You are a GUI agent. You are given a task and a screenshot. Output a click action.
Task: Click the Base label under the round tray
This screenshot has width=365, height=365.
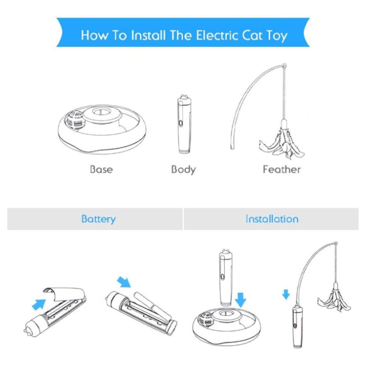(x=101, y=169)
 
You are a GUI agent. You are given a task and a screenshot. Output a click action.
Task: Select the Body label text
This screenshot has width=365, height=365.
(x=183, y=170)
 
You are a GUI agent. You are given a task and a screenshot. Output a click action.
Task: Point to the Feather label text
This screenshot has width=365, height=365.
(x=282, y=169)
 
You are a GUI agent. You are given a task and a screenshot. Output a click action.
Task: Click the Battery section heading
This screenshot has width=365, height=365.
(x=99, y=219)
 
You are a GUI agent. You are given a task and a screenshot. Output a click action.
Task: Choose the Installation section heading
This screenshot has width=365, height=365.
(x=272, y=219)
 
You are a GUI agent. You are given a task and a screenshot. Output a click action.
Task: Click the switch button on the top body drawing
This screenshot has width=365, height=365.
(x=181, y=123)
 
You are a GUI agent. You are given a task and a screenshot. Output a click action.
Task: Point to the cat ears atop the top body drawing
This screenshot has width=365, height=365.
(x=184, y=96)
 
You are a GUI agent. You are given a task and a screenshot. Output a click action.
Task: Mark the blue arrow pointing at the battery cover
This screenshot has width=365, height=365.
(x=39, y=304)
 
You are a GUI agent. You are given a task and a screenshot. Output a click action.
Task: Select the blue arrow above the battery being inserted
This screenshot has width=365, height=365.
(x=124, y=282)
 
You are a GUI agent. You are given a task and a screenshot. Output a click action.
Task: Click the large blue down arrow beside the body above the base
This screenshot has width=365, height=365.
(x=240, y=300)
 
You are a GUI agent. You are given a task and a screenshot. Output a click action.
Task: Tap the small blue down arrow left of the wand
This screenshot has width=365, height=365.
(x=286, y=294)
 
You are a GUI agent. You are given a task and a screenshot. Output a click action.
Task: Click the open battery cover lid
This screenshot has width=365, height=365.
(x=64, y=294)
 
